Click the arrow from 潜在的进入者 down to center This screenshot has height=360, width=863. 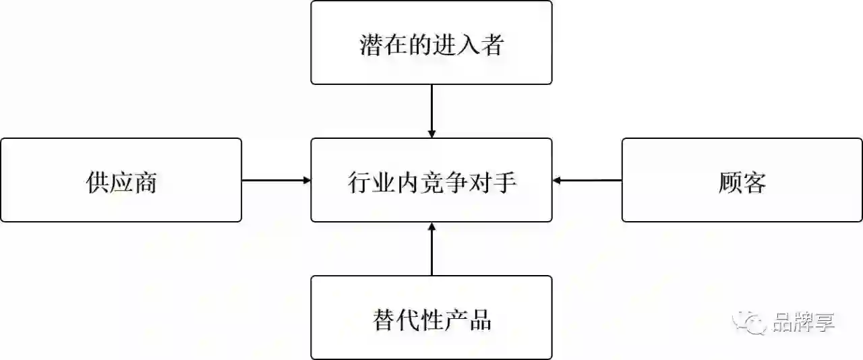click(x=431, y=111)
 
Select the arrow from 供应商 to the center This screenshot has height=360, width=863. click(x=276, y=181)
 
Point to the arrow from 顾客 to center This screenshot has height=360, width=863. click(x=587, y=181)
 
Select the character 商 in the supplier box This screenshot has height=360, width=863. click(x=145, y=182)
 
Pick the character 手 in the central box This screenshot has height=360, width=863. click(x=504, y=182)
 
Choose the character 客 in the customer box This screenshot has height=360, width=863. click(x=754, y=182)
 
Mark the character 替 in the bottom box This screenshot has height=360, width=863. click(x=384, y=320)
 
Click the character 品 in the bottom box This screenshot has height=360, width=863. click(x=479, y=320)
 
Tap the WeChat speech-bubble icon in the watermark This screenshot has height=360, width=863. click(x=749, y=323)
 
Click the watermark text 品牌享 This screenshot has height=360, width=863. click(x=804, y=323)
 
